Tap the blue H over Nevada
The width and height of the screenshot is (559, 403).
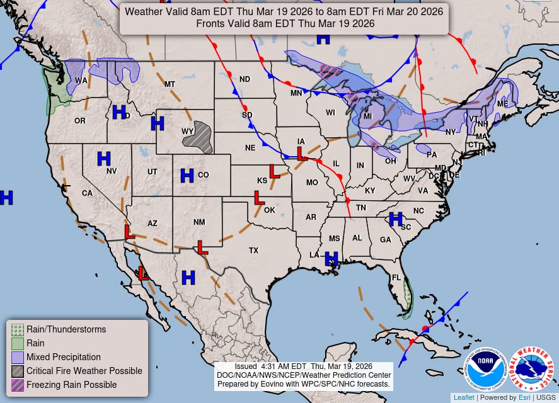pyautogui.click(x=104, y=158)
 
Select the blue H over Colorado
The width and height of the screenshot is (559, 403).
pyautogui.click(x=187, y=176)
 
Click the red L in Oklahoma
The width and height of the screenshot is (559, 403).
pyautogui.click(x=258, y=198)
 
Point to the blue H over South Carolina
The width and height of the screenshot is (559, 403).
pyautogui.click(x=396, y=219)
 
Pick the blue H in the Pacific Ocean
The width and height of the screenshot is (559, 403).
pyautogui.click(x=6, y=198)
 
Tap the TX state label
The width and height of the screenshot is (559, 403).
pyautogui.click(x=253, y=250)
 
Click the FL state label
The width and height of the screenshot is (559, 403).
pyautogui.click(x=397, y=278)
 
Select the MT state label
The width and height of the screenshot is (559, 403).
pyautogui.click(x=170, y=84)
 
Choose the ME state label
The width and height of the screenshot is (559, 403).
pyautogui.click(x=502, y=103)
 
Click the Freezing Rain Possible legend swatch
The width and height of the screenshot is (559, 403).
pyautogui.click(x=18, y=385)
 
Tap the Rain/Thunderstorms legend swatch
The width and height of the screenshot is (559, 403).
pyautogui.click(x=18, y=329)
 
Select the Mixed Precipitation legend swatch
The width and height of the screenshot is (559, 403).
pyautogui.click(x=18, y=357)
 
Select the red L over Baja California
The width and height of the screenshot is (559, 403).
pyautogui.click(x=144, y=273)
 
